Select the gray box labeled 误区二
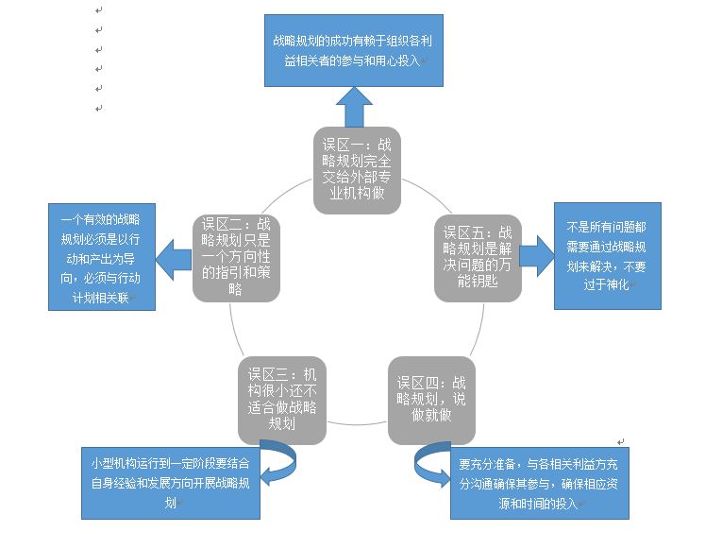tap(236, 257)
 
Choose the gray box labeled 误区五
tap(478, 257)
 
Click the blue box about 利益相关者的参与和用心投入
tap(353, 51)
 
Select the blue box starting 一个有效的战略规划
tap(93, 254)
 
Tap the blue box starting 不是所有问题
tap(607, 255)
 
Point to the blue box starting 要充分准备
tap(539, 481)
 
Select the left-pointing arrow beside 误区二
tap(173, 255)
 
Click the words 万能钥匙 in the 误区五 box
tap(478, 281)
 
